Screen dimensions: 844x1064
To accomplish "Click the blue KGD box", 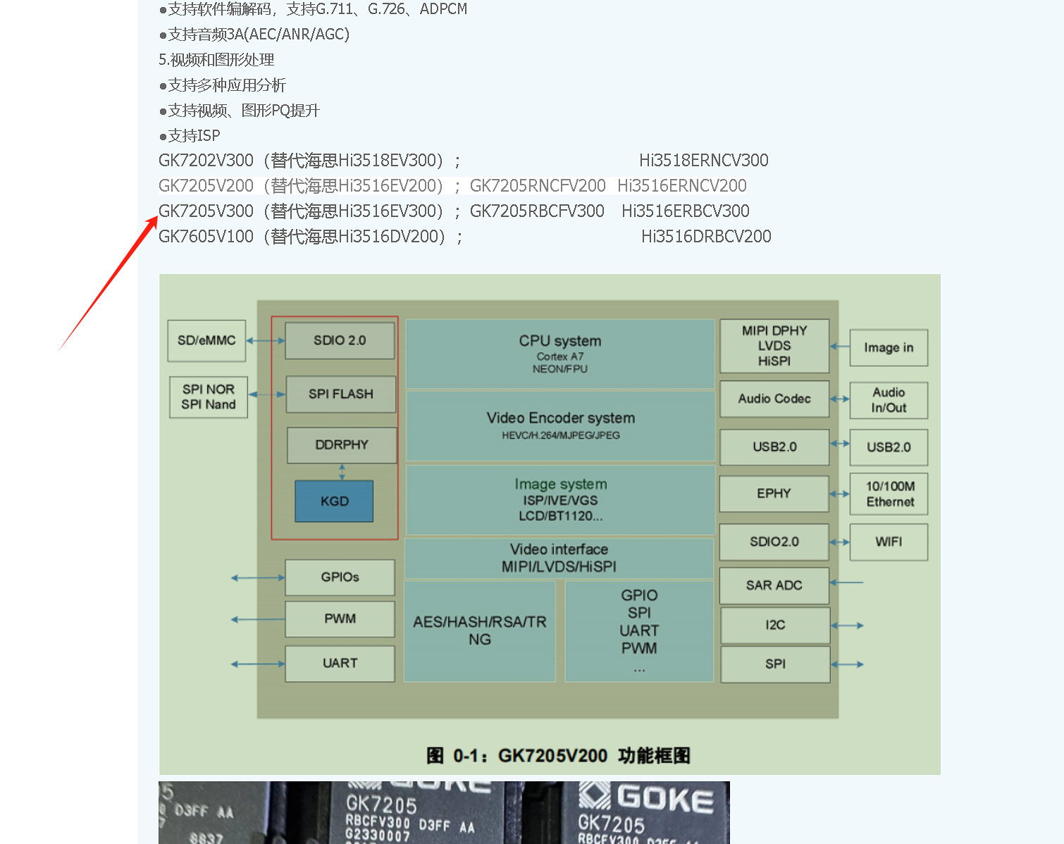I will pyautogui.click(x=334, y=501).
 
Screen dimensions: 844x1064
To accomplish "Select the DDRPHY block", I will pyautogui.click(x=342, y=445).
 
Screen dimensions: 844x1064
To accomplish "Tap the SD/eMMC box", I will pyautogui.click(x=206, y=340).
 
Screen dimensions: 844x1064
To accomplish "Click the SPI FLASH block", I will pyautogui.click(x=340, y=394).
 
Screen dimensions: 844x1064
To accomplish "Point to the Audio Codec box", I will pyautogui.click(x=774, y=399).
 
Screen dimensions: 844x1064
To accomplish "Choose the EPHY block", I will pyautogui.click(x=774, y=493).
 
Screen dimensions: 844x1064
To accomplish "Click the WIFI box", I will pyautogui.click(x=889, y=542).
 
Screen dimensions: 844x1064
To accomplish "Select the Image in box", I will pyautogui.click(x=889, y=347).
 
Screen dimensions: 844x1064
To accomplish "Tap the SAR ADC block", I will pyautogui.click(x=774, y=585).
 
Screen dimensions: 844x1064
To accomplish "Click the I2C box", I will pyautogui.click(x=775, y=625).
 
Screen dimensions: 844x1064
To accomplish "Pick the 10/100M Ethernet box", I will pyautogui.click(x=889, y=494).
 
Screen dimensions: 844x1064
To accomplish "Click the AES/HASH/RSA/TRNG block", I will pyautogui.click(x=480, y=631).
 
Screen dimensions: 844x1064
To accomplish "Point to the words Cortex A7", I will pyautogui.click(x=560, y=356).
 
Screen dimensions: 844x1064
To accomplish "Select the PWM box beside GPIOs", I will pyautogui.click(x=340, y=619).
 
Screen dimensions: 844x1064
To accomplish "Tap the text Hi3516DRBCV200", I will pyautogui.click(x=706, y=237).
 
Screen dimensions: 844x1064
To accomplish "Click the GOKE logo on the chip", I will pyautogui.click(x=647, y=798).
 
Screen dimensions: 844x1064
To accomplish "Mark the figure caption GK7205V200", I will pyautogui.click(x=552, y=756).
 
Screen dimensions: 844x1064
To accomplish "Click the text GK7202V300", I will pyautogui.click(x=206, y=161).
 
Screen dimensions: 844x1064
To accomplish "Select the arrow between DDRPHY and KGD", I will pyautogui.click(x=342, y=472).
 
